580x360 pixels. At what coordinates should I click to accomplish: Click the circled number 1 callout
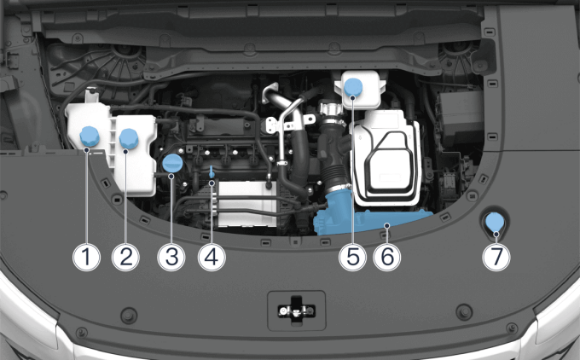[86, 257]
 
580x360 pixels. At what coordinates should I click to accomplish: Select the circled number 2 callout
[125, 257]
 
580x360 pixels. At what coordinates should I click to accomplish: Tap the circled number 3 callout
[171, 257]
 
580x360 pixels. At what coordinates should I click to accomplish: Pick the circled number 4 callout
[212, 257]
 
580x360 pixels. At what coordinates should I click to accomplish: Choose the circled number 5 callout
[352, 257]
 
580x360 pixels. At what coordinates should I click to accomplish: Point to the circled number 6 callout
[387, 257]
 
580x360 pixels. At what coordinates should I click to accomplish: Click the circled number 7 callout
[496, 257]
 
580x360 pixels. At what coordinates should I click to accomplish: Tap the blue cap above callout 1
[90, 136]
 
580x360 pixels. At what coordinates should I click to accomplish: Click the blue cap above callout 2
[129, 139]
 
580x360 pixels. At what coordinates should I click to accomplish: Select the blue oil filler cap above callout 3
[172, 164]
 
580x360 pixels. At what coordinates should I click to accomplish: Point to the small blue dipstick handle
[212, 171]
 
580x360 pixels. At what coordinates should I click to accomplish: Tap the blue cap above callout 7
[495, 222]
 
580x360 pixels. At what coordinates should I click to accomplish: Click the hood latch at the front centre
[296, 310]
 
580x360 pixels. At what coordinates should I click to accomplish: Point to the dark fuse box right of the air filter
[460, 119]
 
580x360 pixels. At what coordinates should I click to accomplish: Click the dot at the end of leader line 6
[387, 225]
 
